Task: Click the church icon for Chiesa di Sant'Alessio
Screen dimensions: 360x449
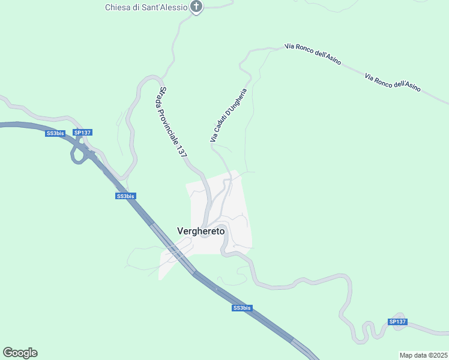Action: pos(196,7)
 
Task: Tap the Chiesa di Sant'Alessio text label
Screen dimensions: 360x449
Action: pos(146,7)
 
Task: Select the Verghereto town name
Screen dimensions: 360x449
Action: pos(200,231)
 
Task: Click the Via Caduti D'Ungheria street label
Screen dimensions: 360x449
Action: pos(229,108)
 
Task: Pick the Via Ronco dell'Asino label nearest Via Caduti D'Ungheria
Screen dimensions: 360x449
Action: pos(313,54)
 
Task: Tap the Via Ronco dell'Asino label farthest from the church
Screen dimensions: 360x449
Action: pos(393,82)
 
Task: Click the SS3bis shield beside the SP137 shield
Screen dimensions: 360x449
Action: pos(55,133)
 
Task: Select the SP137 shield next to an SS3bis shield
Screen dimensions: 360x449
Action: pos(82,132)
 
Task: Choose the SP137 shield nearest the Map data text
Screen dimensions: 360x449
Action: pos(397,322)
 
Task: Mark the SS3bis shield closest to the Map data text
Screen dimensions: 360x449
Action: pos(242,308)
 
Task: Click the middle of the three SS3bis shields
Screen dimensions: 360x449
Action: pos(126,196)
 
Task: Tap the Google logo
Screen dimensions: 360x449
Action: pos(20,353)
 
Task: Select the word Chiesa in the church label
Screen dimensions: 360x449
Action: pos(118,7)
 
